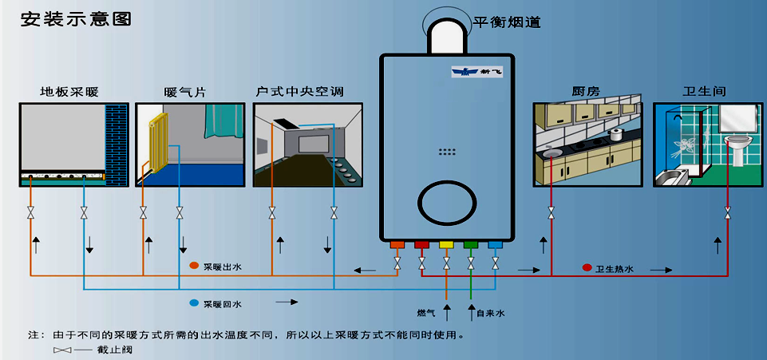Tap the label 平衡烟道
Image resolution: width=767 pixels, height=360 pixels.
pos(506,22)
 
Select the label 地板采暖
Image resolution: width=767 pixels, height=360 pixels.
pos(73,93)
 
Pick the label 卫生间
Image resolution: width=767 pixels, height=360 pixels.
pos(705,93)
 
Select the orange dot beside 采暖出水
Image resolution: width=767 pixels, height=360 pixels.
pos(194,265)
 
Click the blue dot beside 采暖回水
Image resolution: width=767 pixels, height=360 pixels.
pos(194,303)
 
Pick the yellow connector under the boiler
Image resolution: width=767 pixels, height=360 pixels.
pos(446,245)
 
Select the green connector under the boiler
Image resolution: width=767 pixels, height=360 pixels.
pos(471,245)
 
